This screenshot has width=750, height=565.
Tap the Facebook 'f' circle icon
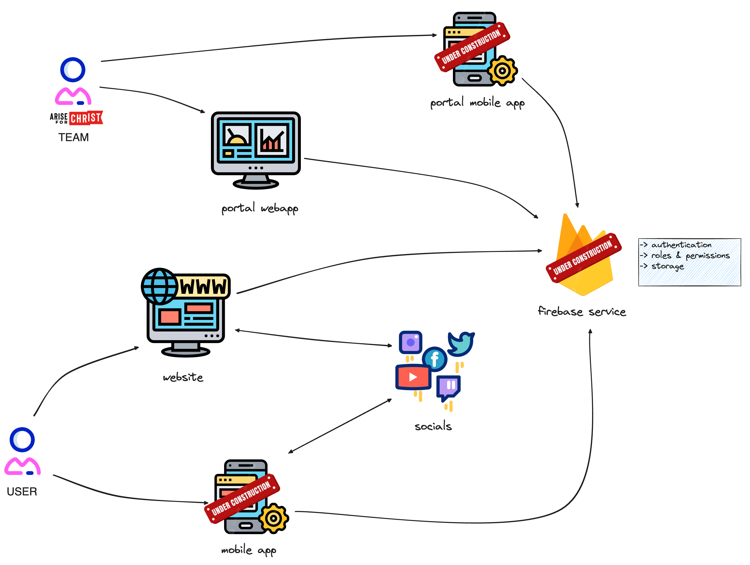435,359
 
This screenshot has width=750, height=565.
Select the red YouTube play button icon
413,377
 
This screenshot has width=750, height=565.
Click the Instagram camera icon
411,342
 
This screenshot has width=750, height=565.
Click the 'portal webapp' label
260,208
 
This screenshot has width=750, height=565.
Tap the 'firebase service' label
582,311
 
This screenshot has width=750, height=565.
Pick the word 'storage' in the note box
667,266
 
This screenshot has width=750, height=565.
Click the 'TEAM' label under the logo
74,137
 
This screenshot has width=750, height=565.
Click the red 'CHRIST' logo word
86,118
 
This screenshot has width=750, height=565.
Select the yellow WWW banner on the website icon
203,286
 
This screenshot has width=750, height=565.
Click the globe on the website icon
159,286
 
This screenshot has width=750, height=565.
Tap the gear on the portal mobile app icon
502,71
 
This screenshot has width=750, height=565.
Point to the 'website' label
183,377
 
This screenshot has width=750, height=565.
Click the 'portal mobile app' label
477,102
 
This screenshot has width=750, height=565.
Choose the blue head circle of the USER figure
22,440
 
